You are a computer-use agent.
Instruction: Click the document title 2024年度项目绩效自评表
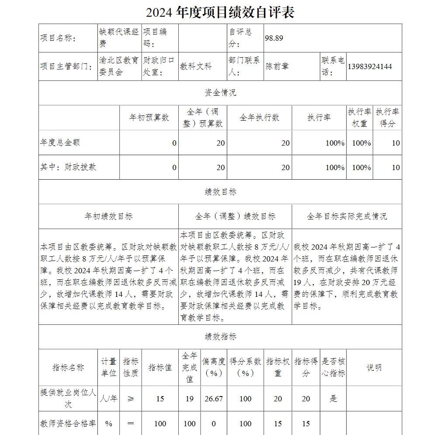tap(220, 12)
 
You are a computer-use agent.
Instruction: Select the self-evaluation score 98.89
tap(274, 38)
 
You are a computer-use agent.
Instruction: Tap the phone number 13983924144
tap(370, 66)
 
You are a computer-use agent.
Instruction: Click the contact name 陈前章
tap(277, 66)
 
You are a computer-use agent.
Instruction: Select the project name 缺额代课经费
tap(119, 38)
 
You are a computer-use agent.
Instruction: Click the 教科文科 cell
tap(196, 66)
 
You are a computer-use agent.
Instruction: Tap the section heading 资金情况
tap(220, 93)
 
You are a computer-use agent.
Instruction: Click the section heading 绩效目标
tap(220, 192)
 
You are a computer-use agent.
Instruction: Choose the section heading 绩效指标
tap(220, 337)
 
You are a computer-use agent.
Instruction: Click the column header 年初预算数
tap(149, 118)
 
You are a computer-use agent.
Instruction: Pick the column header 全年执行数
tap(259, 118)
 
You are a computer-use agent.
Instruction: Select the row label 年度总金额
tap(60, 143)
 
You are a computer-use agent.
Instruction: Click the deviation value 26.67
tap(213, 399)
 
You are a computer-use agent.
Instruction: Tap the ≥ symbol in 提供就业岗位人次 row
tap(130, 399)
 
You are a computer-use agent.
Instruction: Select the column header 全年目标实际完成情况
tap(347, 216)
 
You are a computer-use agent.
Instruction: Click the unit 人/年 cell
tap(108, 399)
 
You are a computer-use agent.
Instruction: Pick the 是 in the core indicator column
tap(333, 399)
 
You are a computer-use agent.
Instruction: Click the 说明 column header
tap(374, 368)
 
